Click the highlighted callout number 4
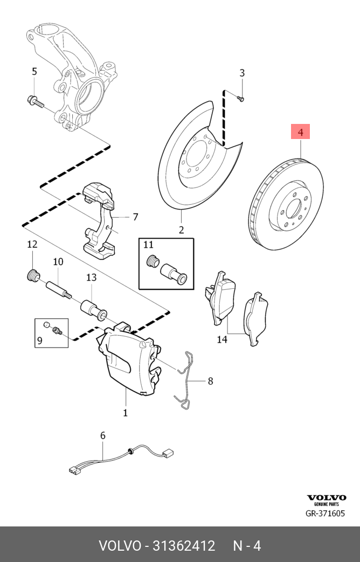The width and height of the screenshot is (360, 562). pyautogui.click(x=301, y=131)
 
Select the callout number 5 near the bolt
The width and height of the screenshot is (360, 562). pyautogui.click(x=34, y=72)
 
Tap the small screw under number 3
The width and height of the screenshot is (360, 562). pyautogui.click(x=241, y=98)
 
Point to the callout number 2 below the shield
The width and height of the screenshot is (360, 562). pyautogui.click(x=181, y=230)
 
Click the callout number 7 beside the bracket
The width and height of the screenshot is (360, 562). pyautogui.click(x=135, y=217)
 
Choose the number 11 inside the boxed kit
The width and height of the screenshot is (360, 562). pyautogui.click(x=149, y=245)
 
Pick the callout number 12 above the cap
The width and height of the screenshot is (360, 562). pyautogui.click(x=32, y=245)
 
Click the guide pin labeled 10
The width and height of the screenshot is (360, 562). pyautogui.click(x=57, y=289)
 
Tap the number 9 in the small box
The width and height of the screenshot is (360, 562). pyautogui.click(x=39, y=341)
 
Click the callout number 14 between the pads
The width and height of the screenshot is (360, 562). pyautogui.click(x=222, y=339)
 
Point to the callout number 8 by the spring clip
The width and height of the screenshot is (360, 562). pyautogui.click(x=210, y=381)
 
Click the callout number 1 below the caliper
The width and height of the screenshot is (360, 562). pyautogui.click(x=125, y=413)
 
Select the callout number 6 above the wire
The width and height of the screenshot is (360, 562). pyautogui.click(x=102, y=435)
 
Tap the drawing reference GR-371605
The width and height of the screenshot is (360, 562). pyautogui.click(x=325, y=514)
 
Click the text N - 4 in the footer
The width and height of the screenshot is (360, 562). pyautogui.click(x=247, y=545)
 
